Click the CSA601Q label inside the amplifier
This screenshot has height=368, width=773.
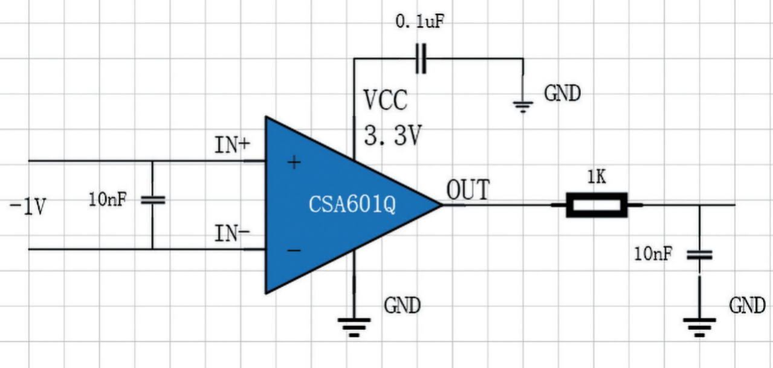point(352,204)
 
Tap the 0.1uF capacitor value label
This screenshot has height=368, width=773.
point(419,22)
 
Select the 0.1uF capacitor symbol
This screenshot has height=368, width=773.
point(421,59)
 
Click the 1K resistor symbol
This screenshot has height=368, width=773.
point(597,205)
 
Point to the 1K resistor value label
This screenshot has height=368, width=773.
point(597,177)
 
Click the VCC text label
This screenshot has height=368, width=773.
point(386,100)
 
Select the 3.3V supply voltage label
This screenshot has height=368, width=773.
point(393,135)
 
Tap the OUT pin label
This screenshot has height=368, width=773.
point(468,189)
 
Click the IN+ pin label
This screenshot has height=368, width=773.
point(232,145)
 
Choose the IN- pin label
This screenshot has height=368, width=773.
point(232,233)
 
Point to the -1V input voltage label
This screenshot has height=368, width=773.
point(28,207)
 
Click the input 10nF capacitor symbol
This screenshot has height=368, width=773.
point(153,200)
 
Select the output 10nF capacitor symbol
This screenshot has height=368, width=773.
point(699,255)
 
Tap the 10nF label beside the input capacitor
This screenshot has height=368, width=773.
point(108,199)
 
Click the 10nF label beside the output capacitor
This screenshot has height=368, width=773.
point(653,254)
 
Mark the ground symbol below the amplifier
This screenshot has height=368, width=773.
point(354,327)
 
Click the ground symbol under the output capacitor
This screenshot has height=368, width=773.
point(699,327)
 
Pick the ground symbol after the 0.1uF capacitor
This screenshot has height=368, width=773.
point(523,107)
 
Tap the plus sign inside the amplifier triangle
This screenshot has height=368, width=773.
point(294,162)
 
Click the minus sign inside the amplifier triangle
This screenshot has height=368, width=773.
point(294,251)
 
